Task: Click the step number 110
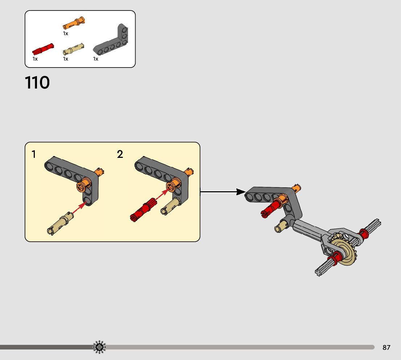click(x=37, y=83)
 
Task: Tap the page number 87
click(x=386, y=348)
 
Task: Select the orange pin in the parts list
click(x=74, y=23)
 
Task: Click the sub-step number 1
click(x=34, y=155)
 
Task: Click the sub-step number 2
click(x=120, y=155)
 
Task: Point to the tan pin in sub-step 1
click(x=60, y=223)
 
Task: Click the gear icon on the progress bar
click(x=99, y=347)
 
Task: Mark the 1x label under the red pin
click(x=35, y=59)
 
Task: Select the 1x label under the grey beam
click(x=96, y=59)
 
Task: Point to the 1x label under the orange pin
click(x=66, y=33)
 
